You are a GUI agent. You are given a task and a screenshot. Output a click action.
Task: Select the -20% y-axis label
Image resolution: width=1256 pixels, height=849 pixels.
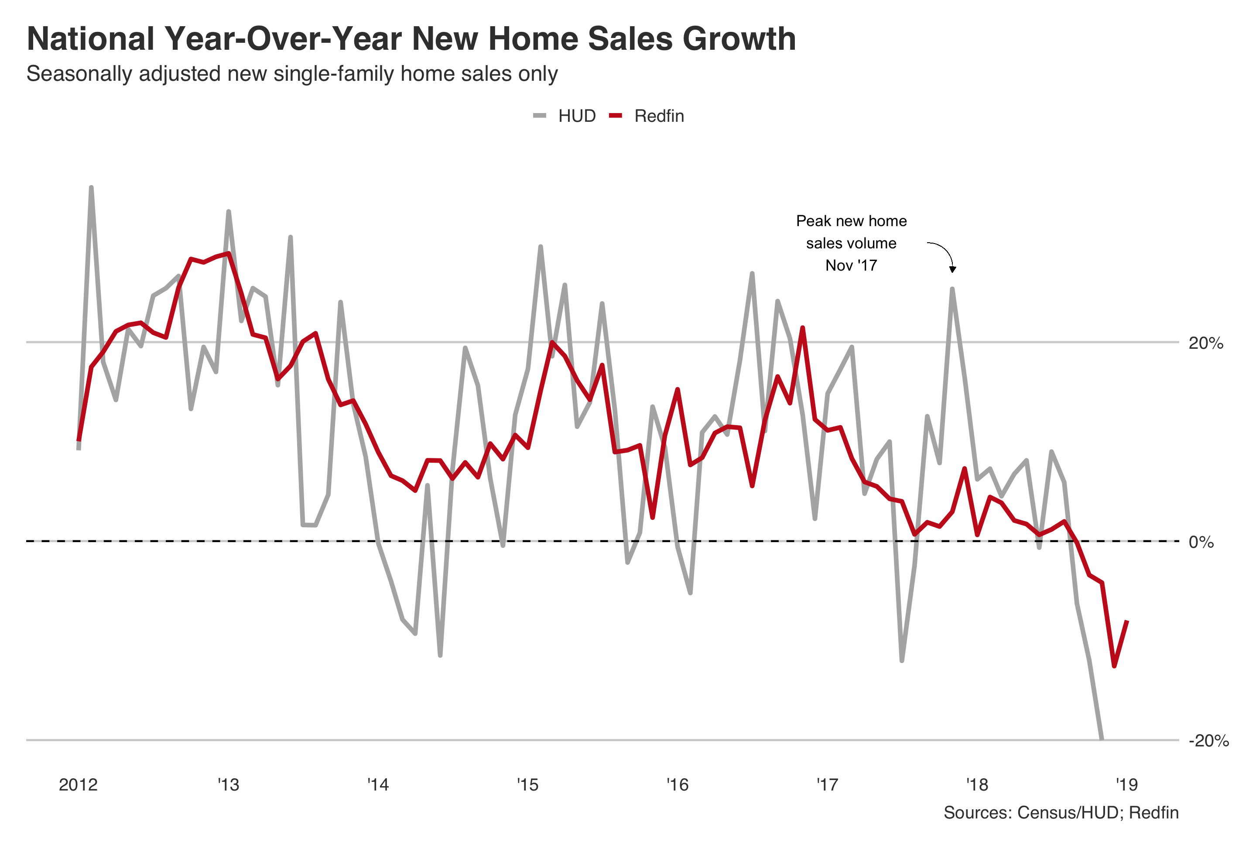point(1208,740)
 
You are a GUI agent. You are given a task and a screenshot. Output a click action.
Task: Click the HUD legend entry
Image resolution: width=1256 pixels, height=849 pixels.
point(576,116)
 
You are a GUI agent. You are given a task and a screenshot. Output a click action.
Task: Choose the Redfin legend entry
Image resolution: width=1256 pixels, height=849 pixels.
point(658,116)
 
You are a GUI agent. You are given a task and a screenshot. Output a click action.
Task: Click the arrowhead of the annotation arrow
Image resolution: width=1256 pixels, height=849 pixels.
point(953,269)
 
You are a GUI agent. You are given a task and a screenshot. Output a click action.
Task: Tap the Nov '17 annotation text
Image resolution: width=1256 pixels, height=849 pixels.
point(851,265)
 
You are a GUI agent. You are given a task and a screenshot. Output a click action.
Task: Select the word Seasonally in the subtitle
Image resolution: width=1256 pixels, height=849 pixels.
point(79,73)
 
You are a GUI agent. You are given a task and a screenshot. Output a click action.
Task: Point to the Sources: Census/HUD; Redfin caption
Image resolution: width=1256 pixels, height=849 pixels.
point(1061,813)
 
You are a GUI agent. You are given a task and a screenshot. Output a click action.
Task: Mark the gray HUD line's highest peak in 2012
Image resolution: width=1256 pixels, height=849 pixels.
point(91,188)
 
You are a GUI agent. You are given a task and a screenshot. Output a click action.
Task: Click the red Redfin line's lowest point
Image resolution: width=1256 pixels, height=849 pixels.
point(1114,666)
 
